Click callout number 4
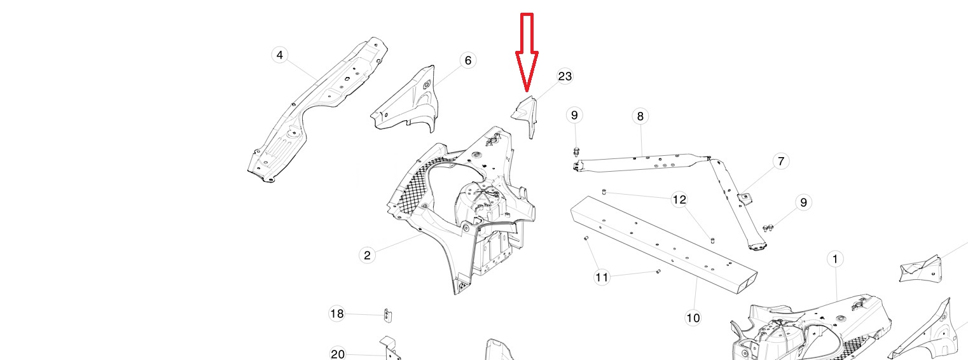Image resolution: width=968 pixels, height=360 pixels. click(280, 55)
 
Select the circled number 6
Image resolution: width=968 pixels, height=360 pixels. click(468, 60)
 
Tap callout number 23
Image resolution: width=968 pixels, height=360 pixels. click(565, 76)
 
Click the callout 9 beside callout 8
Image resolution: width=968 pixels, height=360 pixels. click(574, 115)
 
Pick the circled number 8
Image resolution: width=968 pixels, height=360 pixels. click(640, 116)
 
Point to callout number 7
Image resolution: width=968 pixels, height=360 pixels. click(781, 162)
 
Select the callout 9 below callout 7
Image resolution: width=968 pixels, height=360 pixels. click(803, 202)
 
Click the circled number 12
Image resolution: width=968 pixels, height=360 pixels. click(679, 200)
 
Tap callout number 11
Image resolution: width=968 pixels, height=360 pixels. click(602, 277)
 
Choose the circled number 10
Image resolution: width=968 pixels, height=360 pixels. click(693, 317)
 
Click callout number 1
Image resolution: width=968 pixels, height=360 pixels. click(834, 259)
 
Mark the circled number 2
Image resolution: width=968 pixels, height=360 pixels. click(367, 256)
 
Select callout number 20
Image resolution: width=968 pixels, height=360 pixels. click(338, 354)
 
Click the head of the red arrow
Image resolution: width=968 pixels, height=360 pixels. click(527, 88)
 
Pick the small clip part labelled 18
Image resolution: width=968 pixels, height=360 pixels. click(386, 315)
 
